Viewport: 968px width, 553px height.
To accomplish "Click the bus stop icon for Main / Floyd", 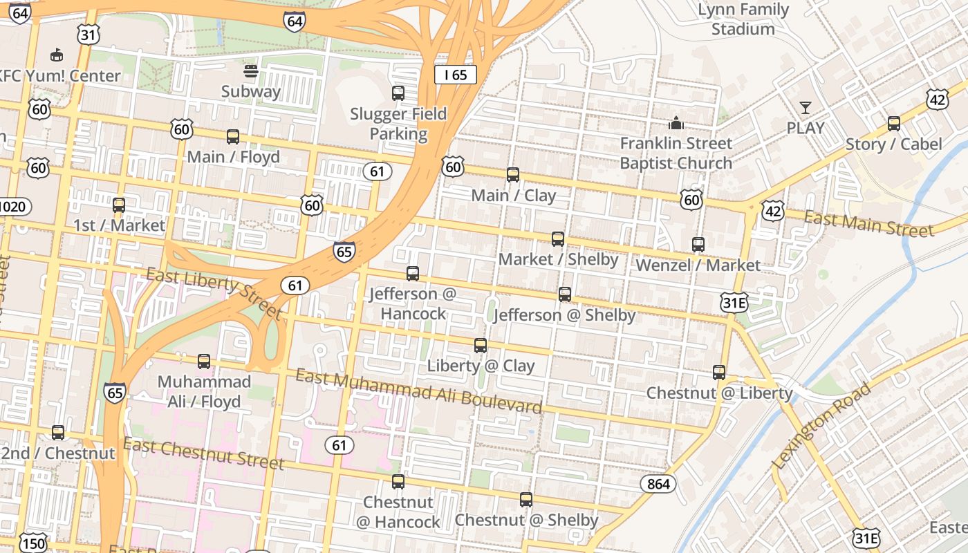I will pyautogui.click(x=233, y=137).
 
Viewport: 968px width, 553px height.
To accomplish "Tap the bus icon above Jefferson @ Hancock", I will pyautogui.click(x=413, y=274).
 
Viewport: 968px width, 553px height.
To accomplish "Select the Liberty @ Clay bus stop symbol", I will pyautogui.click(x=481, y=346).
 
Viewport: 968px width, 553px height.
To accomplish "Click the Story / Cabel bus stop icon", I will pyautogui.click(x=894, y=124).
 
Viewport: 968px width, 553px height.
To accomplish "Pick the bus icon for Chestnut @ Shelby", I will pyautogui.click(x=526, y=500).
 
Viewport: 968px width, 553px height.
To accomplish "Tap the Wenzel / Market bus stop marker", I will pyautogui.click(x=698, y=245).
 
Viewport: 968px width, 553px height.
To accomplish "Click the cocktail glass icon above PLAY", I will pyautogui.click(x=806, y=108).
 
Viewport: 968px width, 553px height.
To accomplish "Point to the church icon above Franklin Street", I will pyautogui.click(x=676, y=123).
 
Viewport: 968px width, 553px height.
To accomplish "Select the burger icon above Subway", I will pyautogui.click(x=251, y=71).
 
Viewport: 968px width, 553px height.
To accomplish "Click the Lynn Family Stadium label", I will pyautogui.click(x=743, y=19).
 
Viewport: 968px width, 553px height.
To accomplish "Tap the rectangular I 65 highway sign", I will pyautogui.click(x=456, y=75).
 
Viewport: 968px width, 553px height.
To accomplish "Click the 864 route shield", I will pyautogui.click(x=658, y=484).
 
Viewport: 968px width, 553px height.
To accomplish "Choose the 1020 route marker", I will pyautogui.click(x=13, y=206).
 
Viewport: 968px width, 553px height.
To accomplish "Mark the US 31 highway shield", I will pyautogui.click(x=89, y=35).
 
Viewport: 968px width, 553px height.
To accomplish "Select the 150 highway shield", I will pyautogui.click(x=32, y=543).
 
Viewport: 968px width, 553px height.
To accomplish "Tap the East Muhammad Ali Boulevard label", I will pyautogui.click(x=418, y=391).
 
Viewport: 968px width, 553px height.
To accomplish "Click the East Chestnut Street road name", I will pyautogui.click(x=204, y=453).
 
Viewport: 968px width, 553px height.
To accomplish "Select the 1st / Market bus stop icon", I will pyautogui.click(x=119, y=205).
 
